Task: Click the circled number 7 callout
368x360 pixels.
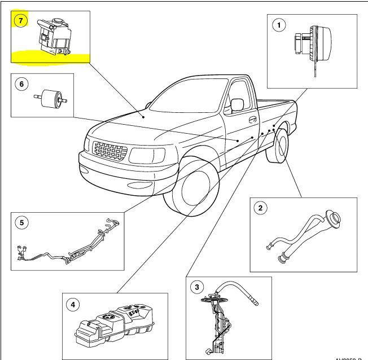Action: click(x=21, y=20)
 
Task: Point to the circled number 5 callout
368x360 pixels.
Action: click(x=21, y=222)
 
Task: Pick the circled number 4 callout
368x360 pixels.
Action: click(x=72, y=304)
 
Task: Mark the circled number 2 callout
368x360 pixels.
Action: click(x=260, y=208)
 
